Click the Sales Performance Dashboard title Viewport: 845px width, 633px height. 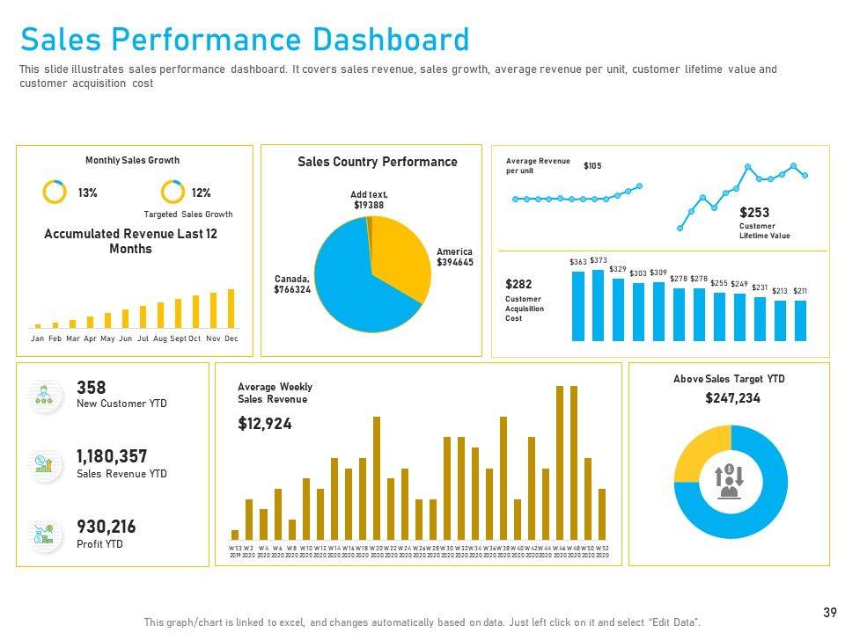(x=245, y=40)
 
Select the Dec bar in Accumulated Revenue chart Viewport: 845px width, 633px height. (x=231, y=309)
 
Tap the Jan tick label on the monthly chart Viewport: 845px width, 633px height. (x=37, y=338)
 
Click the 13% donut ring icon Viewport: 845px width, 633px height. (x=55, y=193)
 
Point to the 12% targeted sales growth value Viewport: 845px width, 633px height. (x=201, y=193)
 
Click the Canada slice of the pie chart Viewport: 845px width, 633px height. (x=348, y=281)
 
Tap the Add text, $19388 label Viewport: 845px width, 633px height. (x=369, y=200)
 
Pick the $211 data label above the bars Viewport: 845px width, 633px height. (x=800, y=291)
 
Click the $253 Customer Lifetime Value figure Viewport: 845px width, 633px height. (x=754, y=213)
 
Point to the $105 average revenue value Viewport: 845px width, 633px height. (x=592, y=165)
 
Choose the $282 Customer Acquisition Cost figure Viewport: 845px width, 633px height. (x=518, y=285)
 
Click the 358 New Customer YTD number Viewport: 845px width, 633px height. (x=92, y=388)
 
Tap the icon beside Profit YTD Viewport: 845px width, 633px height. (x=43, y=534)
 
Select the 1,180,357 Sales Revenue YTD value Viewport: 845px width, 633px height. (x=112, y=456)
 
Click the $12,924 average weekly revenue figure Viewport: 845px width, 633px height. (x=265, y=424)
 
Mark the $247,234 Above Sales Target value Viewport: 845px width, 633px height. (x=732, y=398)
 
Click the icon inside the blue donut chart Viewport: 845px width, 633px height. (x=729, y=481)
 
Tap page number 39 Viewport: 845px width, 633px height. (x=829, y=612)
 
